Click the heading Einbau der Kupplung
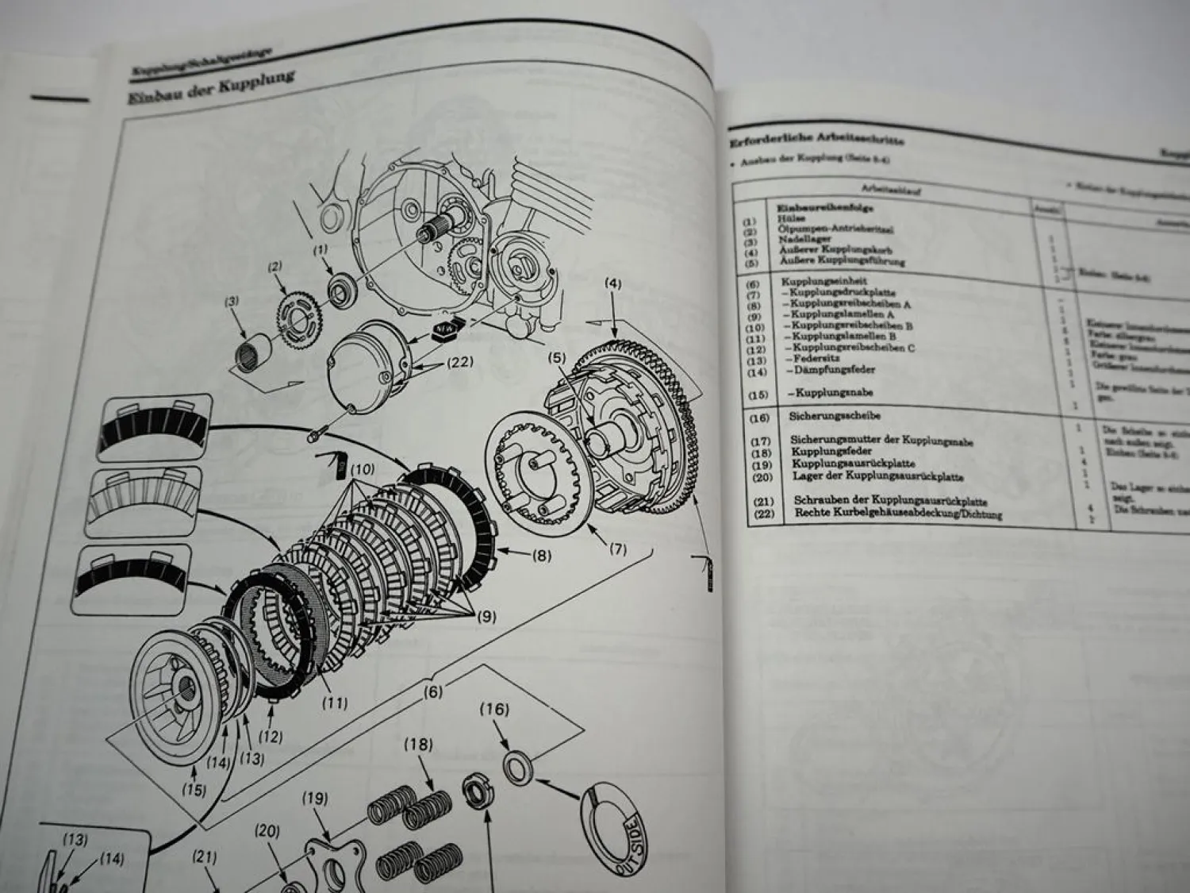[x=211, y=88]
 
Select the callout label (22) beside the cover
[x=460, y=362]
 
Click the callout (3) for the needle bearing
[x=232, y=301]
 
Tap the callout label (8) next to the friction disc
[x=542, y=556]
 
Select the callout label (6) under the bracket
[x=432, y=691]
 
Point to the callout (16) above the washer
[x=494, y=710]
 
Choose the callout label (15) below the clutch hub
[x=194, y=790]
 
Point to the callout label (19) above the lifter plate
[x=315, y=798]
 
